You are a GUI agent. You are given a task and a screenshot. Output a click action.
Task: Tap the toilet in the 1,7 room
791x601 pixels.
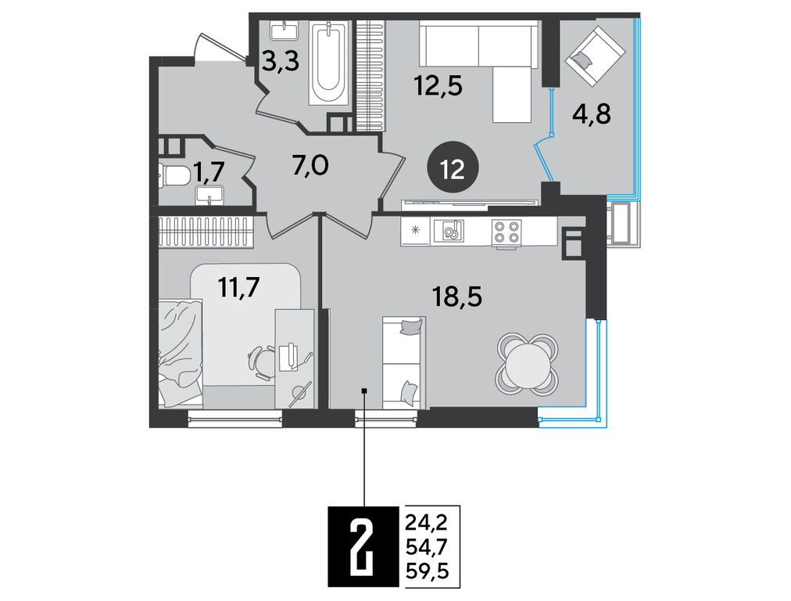point(173,176)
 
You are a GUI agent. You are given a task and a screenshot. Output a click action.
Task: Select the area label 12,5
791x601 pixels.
point(438,86)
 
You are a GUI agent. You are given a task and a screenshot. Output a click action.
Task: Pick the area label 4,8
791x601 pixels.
point(591,115)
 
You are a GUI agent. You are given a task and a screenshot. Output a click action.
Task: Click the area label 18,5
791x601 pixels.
point(457,297)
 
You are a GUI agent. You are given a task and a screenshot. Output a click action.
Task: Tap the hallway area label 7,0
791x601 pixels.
point(310,165)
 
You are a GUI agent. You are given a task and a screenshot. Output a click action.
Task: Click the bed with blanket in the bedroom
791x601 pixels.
point(181,352)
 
